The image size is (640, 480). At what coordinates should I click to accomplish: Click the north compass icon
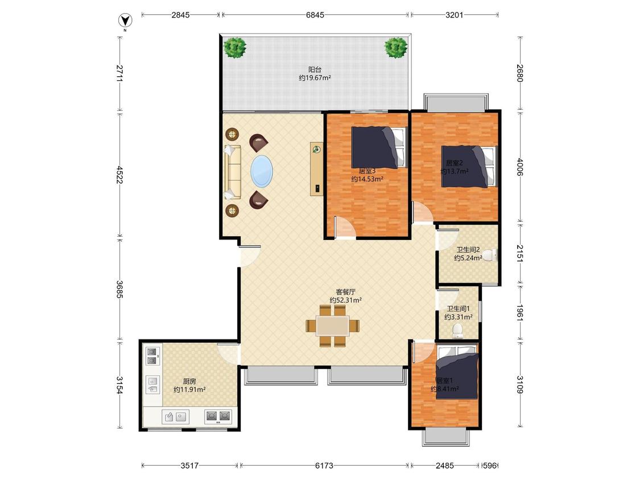[125, 20]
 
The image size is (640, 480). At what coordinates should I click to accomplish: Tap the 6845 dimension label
[315, 15]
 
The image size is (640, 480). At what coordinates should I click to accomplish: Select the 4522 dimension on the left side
[119, 174]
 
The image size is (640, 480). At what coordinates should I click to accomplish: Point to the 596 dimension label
[490, 465]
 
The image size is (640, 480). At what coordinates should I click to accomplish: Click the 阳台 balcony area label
[315, 69]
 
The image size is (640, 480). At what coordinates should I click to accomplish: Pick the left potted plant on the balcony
[235, 47]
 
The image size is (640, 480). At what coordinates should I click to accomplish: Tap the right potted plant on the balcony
[396, 47]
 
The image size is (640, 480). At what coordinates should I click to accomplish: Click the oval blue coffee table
[262, 171]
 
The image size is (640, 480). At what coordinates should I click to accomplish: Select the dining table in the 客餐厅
[333, 326]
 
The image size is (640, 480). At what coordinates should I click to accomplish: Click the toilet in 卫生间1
[457, 331]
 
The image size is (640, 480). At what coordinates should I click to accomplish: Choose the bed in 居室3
[379, 147]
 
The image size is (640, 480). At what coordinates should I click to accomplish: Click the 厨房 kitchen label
[189, 381]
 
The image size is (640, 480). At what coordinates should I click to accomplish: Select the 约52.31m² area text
[346, 300]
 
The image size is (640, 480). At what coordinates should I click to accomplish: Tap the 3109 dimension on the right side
[519, 384]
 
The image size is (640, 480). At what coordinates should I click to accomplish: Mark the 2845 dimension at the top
[180, 15]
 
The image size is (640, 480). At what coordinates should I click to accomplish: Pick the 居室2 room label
[454, 163]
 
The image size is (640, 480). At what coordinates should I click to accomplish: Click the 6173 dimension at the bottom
[324, 465]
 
